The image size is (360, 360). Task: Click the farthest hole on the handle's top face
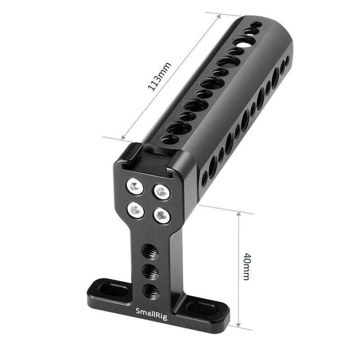point(256,25)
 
